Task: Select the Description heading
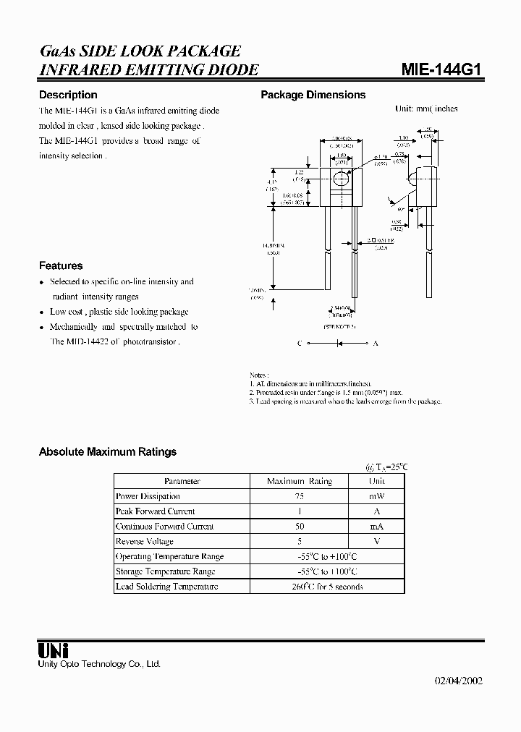68,95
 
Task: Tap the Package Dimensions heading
313,95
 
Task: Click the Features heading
61,265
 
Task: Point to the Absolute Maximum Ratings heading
107,452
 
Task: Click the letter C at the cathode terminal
299,344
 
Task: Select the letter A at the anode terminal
375,344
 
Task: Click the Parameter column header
182,481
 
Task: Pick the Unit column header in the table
376,481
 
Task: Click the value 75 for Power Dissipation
299,496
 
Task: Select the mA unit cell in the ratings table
376,527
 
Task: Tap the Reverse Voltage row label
145,541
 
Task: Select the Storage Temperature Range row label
166,571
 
